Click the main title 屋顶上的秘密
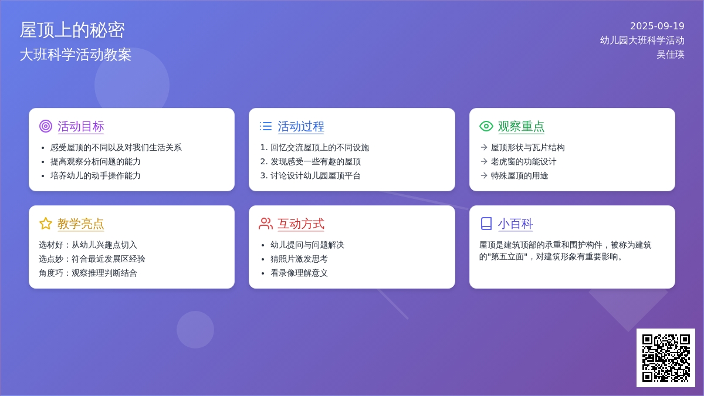pos(72,30)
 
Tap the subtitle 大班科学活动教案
pos(76,55)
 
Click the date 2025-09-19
pos(657,26)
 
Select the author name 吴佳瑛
pos(671,55)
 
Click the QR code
pos(666,358)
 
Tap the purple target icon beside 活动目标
pos(46,126)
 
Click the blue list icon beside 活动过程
pos(266,126)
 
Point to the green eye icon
pos(486,126)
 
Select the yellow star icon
pos(46,224)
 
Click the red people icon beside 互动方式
pos(266,224)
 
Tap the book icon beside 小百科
pos(486,224)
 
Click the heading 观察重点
pos(521,126)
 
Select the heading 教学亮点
pos(80,224)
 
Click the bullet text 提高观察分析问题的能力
pos(95,161)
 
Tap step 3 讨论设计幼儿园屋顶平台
pos(310,175)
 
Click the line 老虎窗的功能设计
pos(523,161)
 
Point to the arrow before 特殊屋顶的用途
pos(484,175)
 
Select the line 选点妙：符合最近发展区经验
pos(92,259)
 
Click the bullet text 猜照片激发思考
pos(299,259)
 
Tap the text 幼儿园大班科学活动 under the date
pos(642,40)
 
